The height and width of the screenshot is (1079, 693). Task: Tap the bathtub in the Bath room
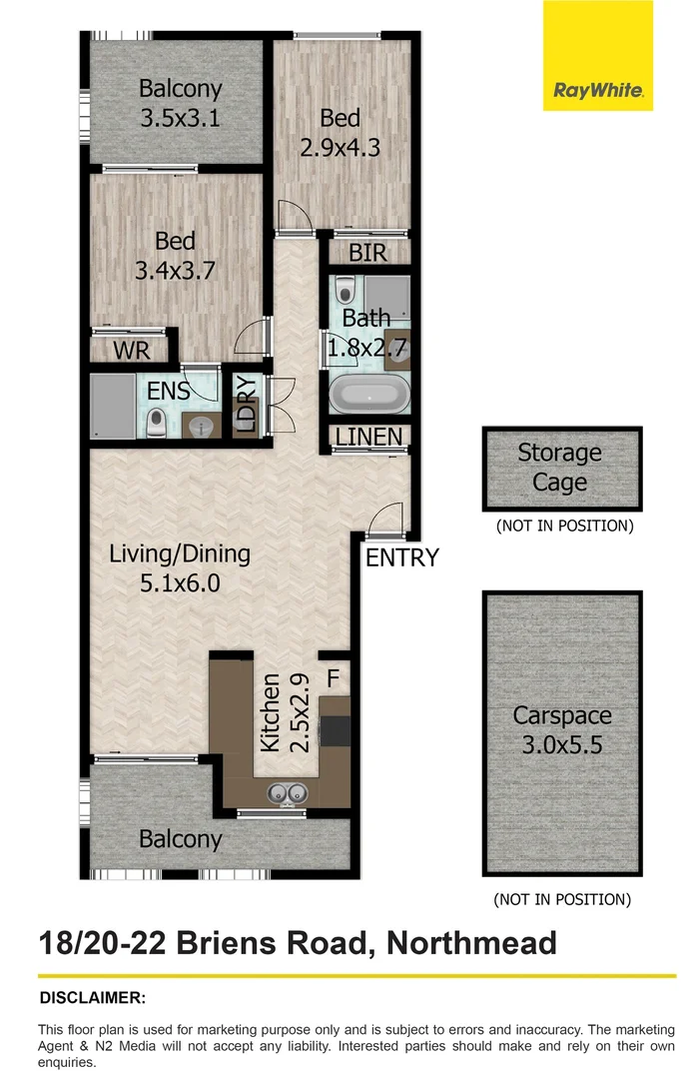pyautogui.click(x=368, y=395)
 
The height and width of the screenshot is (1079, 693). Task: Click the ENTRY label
pyautogui.click(x=401, y=557)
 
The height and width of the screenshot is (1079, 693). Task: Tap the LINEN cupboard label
pyautogui.click(x=369, y=437)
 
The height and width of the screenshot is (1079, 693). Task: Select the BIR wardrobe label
pyautogui.click(x=367, y=254)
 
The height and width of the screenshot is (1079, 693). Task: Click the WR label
pyautogui.click(x=131, y=352)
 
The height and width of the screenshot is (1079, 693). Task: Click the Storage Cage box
pyautogui.click(x=559, y=469)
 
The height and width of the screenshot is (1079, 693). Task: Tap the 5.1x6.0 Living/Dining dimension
pyautogui.click(x=180, y=583)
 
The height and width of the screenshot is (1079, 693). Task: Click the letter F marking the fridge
pyautogui.click(x=334, y=678)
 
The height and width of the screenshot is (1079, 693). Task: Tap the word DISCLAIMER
pyautogui.click(x=92, y=997)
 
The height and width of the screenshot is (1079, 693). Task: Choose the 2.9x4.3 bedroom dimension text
pyautogui.click(x=341, y=148)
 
